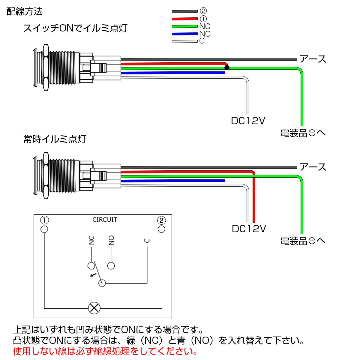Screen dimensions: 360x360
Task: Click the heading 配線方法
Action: pos(25,12)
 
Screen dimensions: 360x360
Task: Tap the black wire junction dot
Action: pos(227,68)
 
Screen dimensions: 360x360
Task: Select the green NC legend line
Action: pos(184,26)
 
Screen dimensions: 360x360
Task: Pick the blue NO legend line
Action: pos(184,34)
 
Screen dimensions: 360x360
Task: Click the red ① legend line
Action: pos(184,19)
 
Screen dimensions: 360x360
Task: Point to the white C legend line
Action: pos(184,41)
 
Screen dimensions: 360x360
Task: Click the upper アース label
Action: pos(313,59)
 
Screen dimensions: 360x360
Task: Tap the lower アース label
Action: pos(313,167)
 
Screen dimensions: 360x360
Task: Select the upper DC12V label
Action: pos(248,121)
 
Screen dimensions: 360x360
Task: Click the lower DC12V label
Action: pos(249,229)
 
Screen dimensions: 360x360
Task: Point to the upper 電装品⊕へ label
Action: pos(303,133)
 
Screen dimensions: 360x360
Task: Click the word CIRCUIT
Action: pos(105,220)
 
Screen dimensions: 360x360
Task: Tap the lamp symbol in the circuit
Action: pos(94,308)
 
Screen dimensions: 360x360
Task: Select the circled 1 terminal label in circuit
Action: pos(44,220)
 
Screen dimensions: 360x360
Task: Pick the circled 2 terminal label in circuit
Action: pos(161,220)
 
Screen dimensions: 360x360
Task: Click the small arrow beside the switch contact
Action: pos(93,275)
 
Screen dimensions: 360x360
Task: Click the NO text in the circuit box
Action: pos(111,240)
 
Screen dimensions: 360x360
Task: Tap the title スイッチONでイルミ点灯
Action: pos(75,28)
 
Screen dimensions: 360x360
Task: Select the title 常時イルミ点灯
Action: pos(55,139)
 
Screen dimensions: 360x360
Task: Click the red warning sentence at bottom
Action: pos(105,351)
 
